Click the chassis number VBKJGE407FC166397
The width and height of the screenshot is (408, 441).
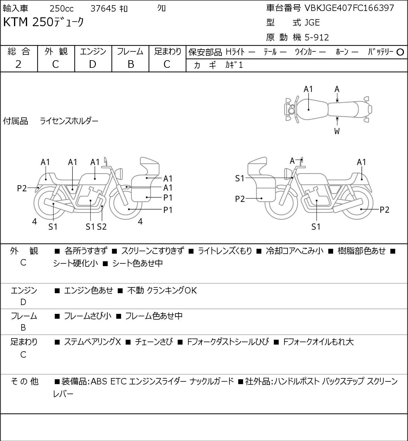349,8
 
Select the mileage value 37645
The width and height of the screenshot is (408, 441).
103,9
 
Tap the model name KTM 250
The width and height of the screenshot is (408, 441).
28,22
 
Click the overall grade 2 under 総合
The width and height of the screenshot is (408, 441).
18,64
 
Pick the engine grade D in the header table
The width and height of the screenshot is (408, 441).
92,64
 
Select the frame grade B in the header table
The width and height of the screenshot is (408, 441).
131,64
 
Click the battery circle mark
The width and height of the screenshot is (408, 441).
400,52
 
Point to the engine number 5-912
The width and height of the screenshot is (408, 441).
317,37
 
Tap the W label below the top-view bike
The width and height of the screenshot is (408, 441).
337,131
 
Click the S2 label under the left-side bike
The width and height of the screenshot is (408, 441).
102,227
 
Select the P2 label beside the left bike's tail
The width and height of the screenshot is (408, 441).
22,189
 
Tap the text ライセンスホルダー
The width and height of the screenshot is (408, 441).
69,121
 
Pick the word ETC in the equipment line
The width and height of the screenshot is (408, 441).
118,381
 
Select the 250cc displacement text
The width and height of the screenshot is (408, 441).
61,9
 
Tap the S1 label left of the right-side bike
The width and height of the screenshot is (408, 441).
240,178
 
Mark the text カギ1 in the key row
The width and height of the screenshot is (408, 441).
234,65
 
